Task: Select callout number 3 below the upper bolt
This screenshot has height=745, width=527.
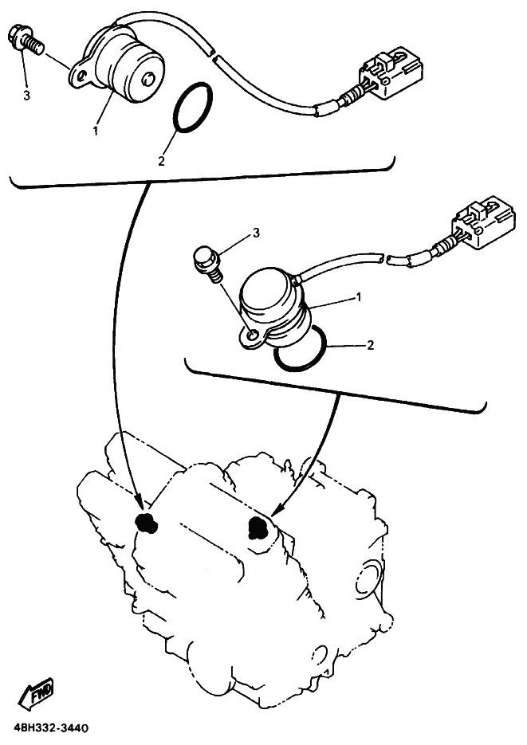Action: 26,95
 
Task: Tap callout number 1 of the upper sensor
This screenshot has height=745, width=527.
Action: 96,130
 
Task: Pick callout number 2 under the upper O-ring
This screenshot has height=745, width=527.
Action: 162,161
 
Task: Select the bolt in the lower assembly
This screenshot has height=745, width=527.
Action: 206,264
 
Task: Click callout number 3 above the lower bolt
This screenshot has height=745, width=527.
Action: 257,233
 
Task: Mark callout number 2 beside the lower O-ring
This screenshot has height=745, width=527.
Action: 372,345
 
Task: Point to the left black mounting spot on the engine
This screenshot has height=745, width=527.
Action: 144,523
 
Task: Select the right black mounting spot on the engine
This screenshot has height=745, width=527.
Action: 258,527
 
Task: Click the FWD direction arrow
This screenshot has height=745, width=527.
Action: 36,697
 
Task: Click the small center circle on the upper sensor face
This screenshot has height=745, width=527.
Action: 149,79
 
